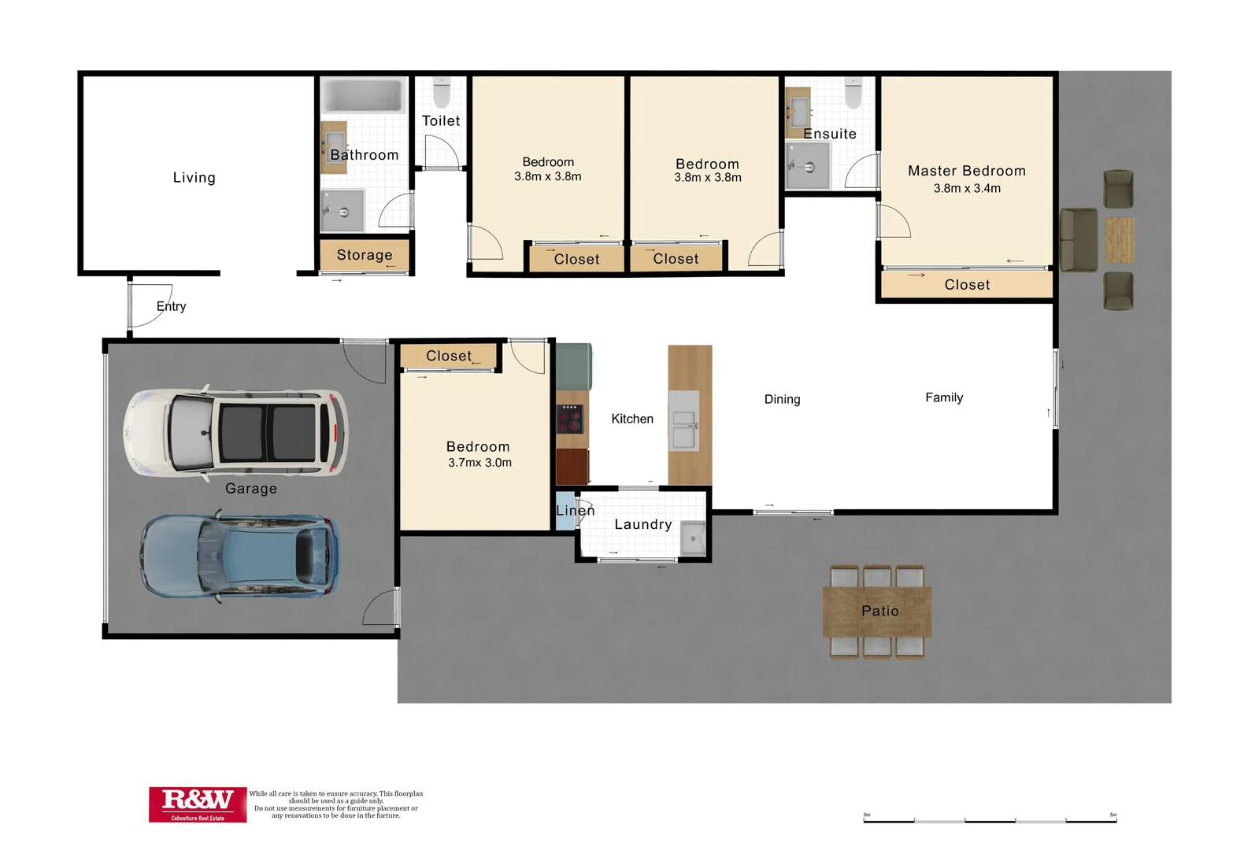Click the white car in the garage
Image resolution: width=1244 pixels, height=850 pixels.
coord(235,431)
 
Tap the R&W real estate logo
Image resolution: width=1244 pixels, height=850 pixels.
coord(198,804)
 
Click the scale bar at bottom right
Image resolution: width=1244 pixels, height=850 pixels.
coord(990,819)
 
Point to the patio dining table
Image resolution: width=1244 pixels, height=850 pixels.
coord(877,612)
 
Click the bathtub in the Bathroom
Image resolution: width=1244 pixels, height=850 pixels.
coord(363,96)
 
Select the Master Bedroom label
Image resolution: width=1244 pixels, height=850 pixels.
coord(966,171)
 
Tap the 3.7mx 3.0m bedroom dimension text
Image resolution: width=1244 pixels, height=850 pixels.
coord(479,463)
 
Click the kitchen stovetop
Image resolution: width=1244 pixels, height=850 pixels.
coord(570,419)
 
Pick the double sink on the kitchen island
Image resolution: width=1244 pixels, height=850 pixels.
coord(683,430)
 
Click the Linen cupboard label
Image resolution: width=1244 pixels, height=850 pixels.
coord(575,511)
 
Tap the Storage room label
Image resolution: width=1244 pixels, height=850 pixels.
coord(364,255)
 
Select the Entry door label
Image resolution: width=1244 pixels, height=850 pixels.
coord(171,306)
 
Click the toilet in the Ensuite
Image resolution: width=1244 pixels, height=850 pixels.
coord(853,93)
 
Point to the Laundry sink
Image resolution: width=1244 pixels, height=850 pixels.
coord(693,538)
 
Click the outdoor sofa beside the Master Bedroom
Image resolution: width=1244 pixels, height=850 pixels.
coord(1078,240)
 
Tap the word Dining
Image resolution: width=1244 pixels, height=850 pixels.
coord(782,399)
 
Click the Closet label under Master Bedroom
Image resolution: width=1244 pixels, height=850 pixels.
coord(967,285)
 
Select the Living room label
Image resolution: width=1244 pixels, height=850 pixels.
coord(194,178)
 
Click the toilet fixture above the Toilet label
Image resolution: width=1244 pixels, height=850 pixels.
coord(442,93)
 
